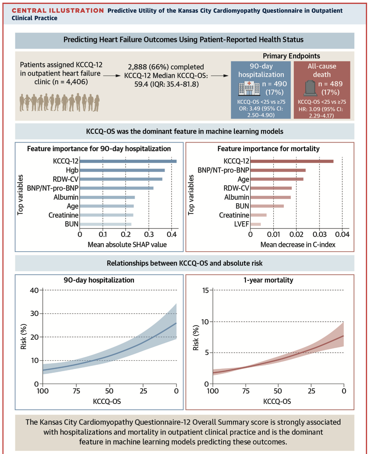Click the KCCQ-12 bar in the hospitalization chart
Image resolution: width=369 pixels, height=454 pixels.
(x=128, y=161)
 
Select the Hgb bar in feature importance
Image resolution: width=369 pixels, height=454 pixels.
(x=122, y=170)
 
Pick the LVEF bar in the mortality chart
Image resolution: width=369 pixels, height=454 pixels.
(x=256, y=224)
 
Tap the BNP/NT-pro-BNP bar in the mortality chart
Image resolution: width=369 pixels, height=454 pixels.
(x=278, y=170)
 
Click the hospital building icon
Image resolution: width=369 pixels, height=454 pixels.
(x=249, y=88)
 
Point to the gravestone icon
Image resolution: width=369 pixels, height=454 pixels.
(x=310, y=88)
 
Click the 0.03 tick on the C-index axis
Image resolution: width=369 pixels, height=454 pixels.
(x=319, y=234)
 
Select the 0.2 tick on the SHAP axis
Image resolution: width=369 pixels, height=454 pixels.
(x=126, y=234)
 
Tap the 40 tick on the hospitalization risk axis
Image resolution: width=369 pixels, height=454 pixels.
(x=34, y=290)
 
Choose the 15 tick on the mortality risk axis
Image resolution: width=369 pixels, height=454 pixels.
(x=205, y=290)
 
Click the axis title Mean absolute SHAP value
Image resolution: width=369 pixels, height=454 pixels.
(x=127, y=244)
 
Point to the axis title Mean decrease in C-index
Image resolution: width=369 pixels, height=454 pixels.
(x=298, y=244)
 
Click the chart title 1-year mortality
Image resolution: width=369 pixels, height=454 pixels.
(x=268, y=280)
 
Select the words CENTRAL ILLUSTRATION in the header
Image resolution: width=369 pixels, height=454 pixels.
(x=58, y=11)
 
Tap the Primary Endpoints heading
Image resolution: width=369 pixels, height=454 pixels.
(x=291, y=56)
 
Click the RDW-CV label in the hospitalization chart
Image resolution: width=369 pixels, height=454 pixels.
(x=65, y=179)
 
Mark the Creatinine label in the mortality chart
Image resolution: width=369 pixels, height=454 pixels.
(x=234, y=215)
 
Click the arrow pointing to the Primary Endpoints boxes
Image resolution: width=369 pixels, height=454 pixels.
(x=219, y=76)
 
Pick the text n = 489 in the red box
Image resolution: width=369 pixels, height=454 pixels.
(x=330, y=84)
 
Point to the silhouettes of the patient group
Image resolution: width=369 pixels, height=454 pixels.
(x=59, y=102)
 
